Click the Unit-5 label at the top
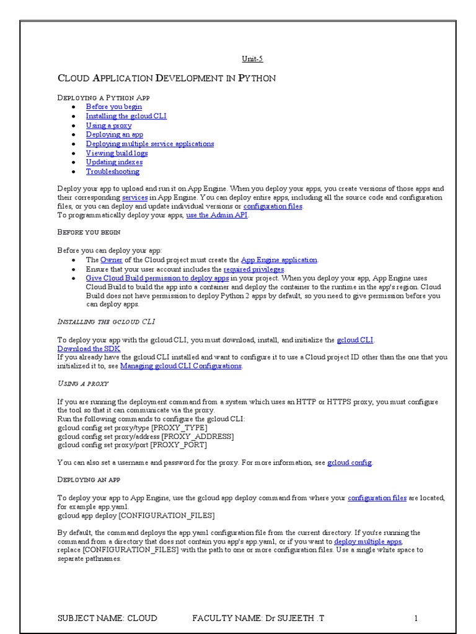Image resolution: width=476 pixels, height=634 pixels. coord(252,59)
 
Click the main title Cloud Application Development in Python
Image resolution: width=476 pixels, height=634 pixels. coord(166,78)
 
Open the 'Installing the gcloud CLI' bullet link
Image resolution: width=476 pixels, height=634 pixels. coord(126,116)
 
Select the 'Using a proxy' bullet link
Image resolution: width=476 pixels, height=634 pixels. coord(108,125)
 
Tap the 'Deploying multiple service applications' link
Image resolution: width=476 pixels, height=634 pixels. coord(149,144)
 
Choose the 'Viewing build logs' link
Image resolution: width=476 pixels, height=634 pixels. coord(117,153)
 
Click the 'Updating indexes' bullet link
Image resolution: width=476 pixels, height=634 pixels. coord(114,162)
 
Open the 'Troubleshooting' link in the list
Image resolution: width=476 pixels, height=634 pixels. coord(112,172)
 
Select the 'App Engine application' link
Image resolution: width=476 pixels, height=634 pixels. coord(279,260)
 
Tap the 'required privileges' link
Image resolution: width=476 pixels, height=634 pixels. coord(253,269)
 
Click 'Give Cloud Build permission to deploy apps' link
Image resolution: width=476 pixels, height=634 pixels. coord(157,279)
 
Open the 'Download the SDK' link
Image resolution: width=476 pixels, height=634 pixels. coord(89,349)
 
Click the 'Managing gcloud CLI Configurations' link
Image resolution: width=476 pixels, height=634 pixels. coord(180,366)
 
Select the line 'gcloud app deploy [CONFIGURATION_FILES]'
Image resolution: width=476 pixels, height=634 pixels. coord(136,515)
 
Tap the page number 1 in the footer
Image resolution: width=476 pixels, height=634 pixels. coord(416,618)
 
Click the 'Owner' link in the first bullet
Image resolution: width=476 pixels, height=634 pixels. coord(112,260)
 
